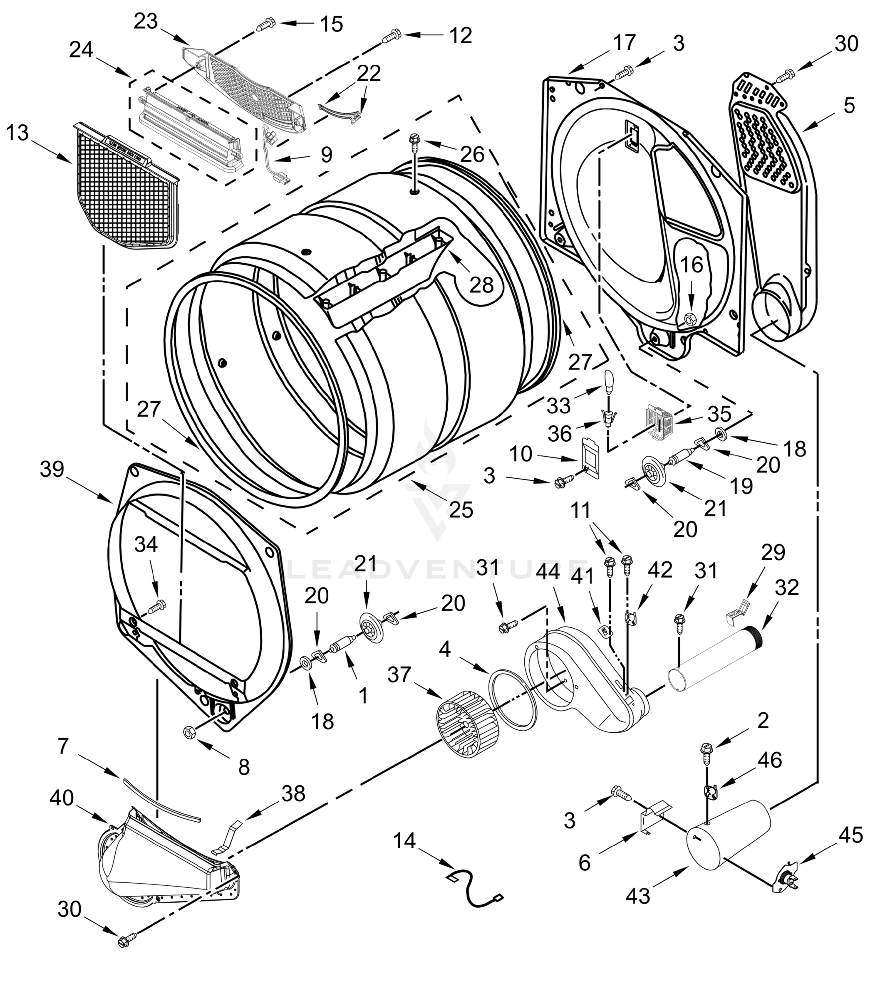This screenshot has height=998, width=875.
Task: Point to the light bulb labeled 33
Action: [x=609, y=380]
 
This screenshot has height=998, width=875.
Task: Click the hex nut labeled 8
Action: [x=189, y=733]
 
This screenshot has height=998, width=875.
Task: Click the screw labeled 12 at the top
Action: [x=392, y=36]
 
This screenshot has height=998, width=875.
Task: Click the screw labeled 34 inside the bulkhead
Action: [x=158, y=606]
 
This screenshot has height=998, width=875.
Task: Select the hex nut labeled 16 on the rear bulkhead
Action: [x=690, y=320]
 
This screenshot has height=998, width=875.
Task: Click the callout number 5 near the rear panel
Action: [x=849, y=105]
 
